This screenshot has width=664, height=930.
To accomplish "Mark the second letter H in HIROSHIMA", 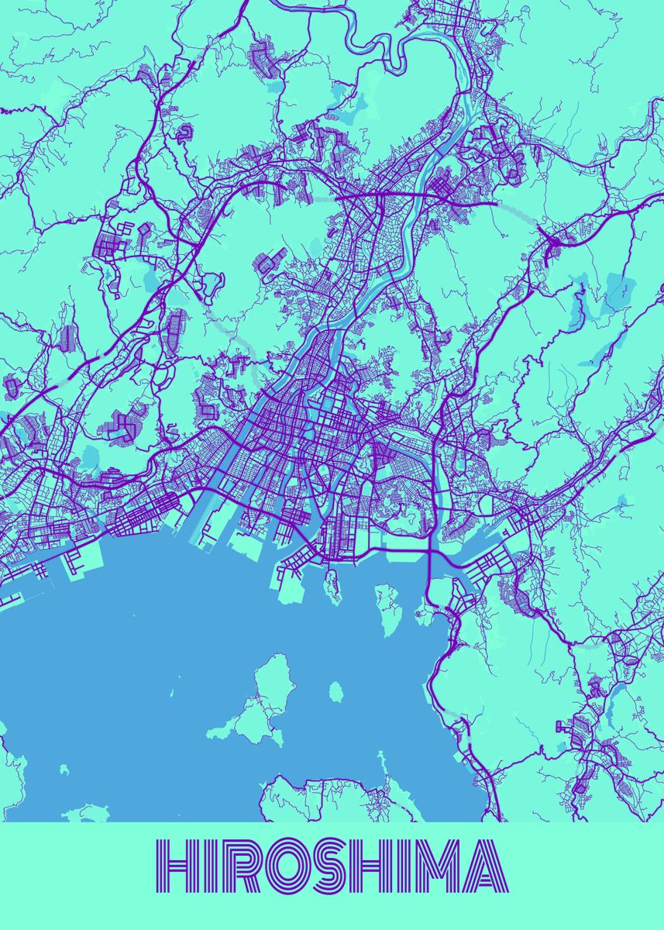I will (x=363, y=866).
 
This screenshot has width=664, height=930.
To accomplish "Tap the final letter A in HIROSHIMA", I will (x=485, y=866).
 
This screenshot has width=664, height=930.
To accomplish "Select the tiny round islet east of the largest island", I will (x=335, y=691).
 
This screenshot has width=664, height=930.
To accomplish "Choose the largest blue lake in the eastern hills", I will (x=620, y=287).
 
